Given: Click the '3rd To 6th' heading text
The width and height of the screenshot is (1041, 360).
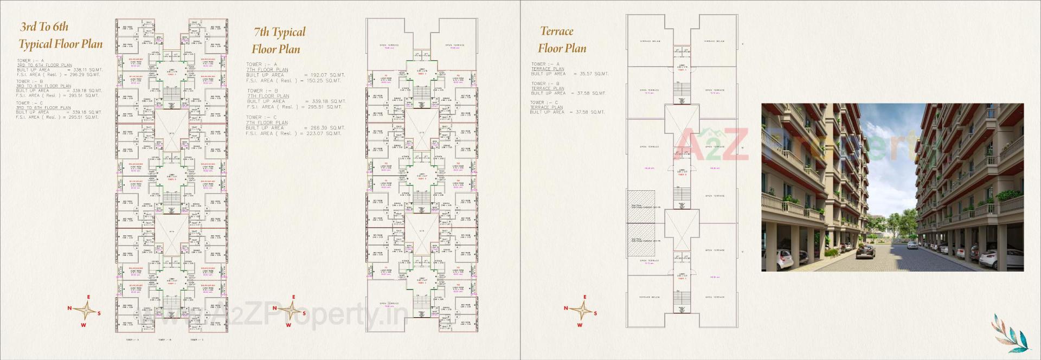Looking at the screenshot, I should point(44,27).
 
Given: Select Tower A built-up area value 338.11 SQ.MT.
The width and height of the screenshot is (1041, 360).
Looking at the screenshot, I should point(87,70).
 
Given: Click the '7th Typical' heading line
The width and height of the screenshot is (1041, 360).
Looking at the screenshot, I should point(280,33).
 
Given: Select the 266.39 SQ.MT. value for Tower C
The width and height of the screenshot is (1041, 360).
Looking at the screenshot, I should point(327,128).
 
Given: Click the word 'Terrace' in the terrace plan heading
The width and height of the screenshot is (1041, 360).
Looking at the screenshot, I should point(556,31).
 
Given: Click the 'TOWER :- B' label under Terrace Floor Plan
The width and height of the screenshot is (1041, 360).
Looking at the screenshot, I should point(544,83).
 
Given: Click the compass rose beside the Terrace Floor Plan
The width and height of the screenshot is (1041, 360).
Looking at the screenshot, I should point(581,311).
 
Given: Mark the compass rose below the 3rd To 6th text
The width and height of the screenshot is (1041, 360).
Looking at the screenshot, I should point(85,311).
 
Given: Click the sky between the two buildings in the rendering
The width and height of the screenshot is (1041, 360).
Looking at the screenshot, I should point(889,163).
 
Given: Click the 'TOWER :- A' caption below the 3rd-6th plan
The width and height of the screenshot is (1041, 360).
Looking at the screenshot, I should point(133,340).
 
